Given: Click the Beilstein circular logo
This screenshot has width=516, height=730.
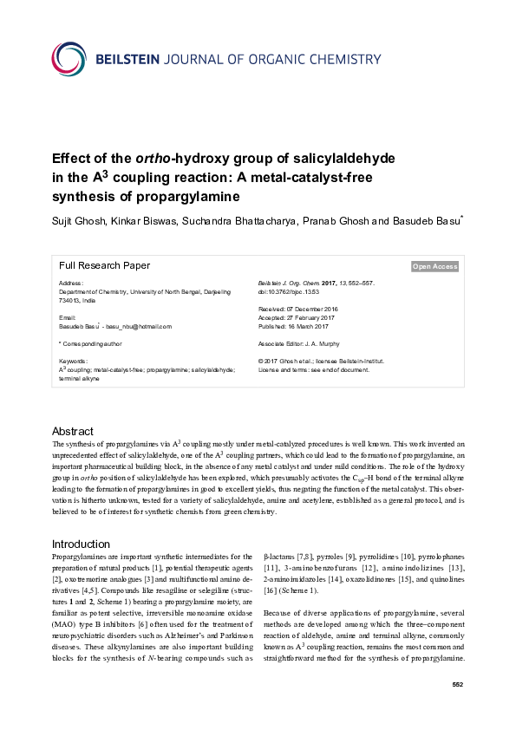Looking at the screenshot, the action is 69,59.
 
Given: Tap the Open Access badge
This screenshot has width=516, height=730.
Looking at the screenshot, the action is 434,267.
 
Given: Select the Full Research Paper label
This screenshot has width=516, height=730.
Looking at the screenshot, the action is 104,266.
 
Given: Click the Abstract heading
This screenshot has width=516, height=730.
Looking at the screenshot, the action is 73,431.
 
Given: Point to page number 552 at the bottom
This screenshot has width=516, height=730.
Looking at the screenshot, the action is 459,685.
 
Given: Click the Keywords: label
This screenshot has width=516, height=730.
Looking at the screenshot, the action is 73,360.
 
